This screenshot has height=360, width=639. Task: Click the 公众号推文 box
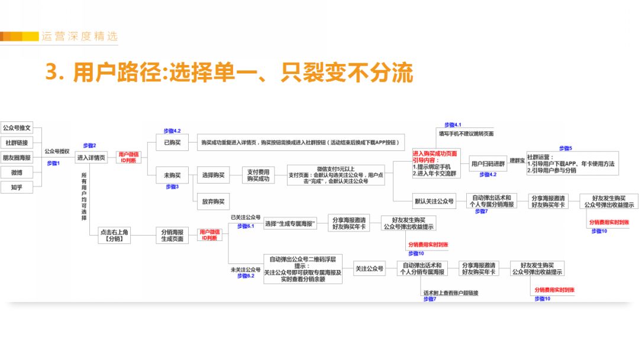(x=17, y=128)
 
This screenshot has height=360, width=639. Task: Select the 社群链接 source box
(x=17, y=143)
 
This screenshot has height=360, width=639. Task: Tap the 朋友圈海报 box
(x=17, y=157)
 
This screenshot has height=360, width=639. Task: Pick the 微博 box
(x=17, y=172)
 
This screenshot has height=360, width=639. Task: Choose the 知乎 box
(x=17, y=187)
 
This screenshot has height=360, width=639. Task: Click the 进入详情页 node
(x=91, y=158)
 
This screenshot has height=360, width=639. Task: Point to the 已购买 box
(x=172, y=143)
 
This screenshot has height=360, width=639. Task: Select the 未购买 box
(x=172, y=175)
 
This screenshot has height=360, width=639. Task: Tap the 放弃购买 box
(x=213, y=201)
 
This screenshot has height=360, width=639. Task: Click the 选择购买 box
(x=213, y=175)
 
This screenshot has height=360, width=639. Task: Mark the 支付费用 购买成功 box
(x=258, y=175)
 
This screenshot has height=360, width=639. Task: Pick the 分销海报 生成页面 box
(x=172, y=236)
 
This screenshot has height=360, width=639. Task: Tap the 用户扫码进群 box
(x=488, y=163)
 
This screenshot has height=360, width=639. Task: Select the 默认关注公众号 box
(x=434, y=201)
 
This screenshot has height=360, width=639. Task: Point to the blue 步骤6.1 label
(x=245, y=226)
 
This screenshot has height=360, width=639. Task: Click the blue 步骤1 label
(x=54, y=163)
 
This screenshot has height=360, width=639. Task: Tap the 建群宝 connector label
(x=517, y=160)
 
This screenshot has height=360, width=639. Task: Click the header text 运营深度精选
(x=79, y=36)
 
